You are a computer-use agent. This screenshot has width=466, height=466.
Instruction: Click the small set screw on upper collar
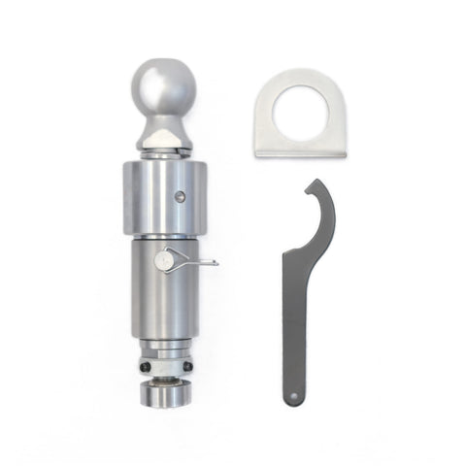[x=181, y=196]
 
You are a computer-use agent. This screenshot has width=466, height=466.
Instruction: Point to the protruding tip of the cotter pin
[x=213, y=261]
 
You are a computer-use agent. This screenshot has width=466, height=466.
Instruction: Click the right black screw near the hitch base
[x=187, y=367]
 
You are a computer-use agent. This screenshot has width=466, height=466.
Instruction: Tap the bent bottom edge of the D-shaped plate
[x=301, y=153]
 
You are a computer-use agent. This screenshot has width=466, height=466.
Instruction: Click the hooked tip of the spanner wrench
[x=308, y=184]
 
